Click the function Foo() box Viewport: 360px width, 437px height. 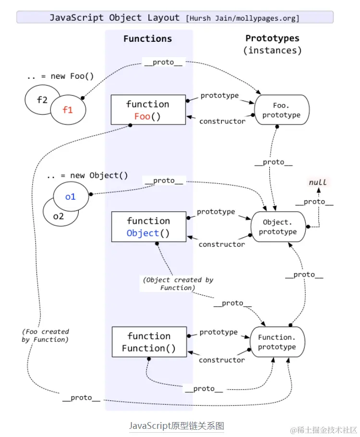click(x=148, y=110)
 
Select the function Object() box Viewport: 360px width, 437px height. click(x=148, y=227)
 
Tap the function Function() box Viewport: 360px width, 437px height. click(x=149, y=342)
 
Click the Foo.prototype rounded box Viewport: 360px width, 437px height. click(x=281, y=110)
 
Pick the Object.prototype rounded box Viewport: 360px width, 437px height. click(x=277, y=227)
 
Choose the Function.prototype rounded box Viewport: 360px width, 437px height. click(x=277, y=342)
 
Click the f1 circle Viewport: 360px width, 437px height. click(x=68, y=109)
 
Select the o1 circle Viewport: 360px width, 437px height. click(x=71, y=196)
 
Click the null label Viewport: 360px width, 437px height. click(x=317, y=182)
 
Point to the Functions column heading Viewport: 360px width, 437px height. click(x=147, y=39)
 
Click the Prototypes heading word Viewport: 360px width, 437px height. click(x=272, y=38)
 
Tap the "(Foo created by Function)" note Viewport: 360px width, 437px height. click(x=45, y=336)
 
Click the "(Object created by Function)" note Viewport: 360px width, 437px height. click(x=178, y=284)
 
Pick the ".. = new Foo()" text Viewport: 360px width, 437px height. click(x=60, y=76)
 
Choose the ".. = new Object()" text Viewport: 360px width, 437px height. click(x=87, y=176)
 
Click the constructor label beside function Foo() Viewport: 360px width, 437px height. click(x=222, y=121)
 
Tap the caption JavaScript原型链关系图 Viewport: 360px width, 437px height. click(x=176, y=425)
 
